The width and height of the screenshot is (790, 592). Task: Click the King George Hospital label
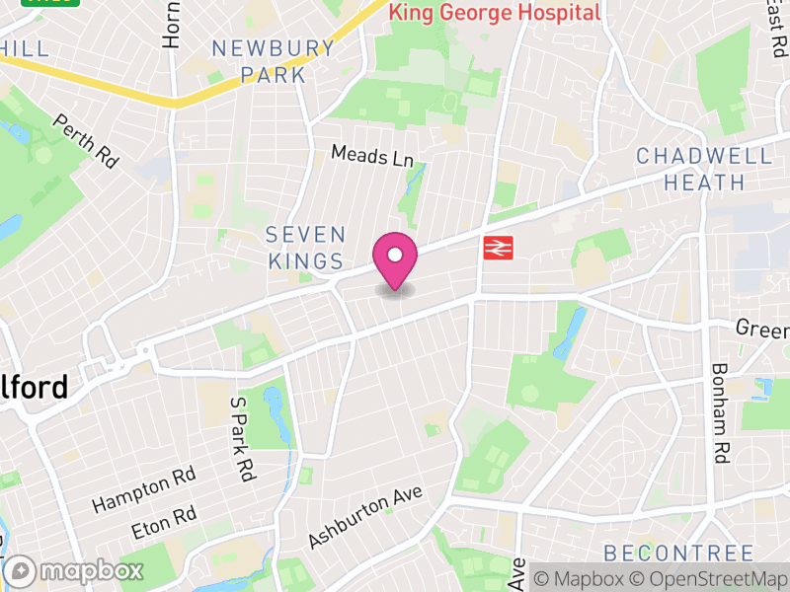point(494,13)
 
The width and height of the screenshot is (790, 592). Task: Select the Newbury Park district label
point(274,60)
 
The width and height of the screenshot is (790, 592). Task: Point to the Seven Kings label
point(306,248)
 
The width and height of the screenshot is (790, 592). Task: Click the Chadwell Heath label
point(704,169)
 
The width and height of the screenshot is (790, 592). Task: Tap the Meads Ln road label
point(372,155)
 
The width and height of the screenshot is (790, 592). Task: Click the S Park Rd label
point(242,438)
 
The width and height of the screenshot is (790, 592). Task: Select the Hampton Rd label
point(143,489)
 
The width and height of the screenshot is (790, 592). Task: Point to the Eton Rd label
point(163,522)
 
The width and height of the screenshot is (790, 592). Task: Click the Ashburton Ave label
point(364,517)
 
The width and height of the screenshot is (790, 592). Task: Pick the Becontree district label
point(678,553)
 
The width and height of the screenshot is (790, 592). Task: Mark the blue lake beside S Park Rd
point(277,415)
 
